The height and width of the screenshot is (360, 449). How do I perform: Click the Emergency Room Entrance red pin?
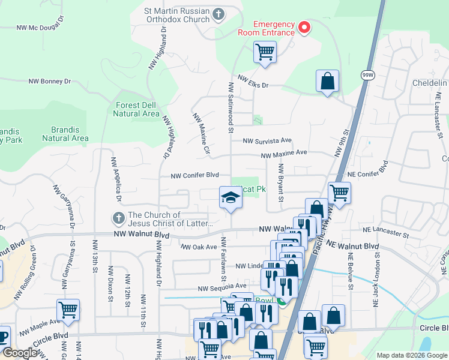point(304,27)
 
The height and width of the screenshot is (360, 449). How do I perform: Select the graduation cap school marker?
point(229,197)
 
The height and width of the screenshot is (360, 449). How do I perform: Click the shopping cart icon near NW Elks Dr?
point(265,52)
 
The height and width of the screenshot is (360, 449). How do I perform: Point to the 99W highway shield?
point(367,75)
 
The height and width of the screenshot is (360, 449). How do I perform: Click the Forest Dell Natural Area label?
point(137,109)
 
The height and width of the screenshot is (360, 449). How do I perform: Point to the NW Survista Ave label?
point(267,141)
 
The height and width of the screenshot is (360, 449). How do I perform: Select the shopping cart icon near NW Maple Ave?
point(68,310)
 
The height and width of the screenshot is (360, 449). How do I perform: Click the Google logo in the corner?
point(20,353)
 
